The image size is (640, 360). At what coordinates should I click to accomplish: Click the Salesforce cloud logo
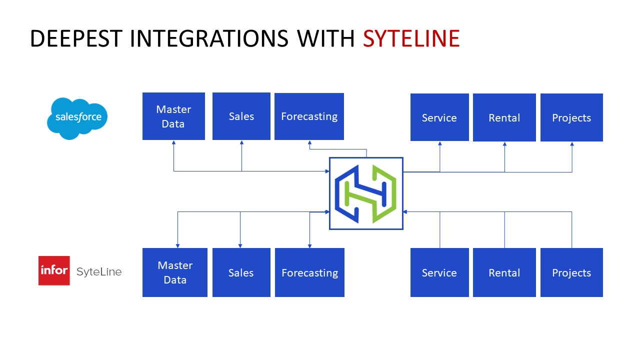[x=77, y=118]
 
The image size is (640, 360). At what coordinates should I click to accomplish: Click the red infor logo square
[x=54, y=270]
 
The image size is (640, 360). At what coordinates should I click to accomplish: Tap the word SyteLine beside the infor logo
[x=99, y=272]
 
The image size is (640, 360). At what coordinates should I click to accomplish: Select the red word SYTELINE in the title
[x=411, y=39]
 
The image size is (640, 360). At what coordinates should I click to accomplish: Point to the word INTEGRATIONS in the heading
[x=209, y=39]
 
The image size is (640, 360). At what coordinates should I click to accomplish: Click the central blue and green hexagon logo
[x=366, y=193]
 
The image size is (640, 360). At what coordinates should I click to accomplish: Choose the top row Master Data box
[x=173, y=116]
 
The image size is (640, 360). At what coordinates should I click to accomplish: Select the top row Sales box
[x=241, y=116]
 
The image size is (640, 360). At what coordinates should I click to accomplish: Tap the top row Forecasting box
[x=309, y=116]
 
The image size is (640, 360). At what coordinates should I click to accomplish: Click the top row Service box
[x=439, y=117]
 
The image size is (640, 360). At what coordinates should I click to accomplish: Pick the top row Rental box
[x=504, y=117]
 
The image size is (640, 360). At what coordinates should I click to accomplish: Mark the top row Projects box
[x=571, y=117]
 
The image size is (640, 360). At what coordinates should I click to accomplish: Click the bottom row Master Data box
[x=175, y=272]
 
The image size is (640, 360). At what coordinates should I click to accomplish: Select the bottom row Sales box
[x=241, y=272]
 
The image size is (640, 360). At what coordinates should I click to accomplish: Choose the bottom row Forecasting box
[x=309, y=272]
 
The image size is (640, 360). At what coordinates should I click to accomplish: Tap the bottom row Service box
[x=439, y=272]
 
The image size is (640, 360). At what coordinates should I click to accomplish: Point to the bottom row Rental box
[x=504, y=272]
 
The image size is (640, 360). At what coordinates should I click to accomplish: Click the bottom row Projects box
[x=571, y=272]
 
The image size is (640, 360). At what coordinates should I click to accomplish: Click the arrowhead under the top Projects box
[x=572, y=144]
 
